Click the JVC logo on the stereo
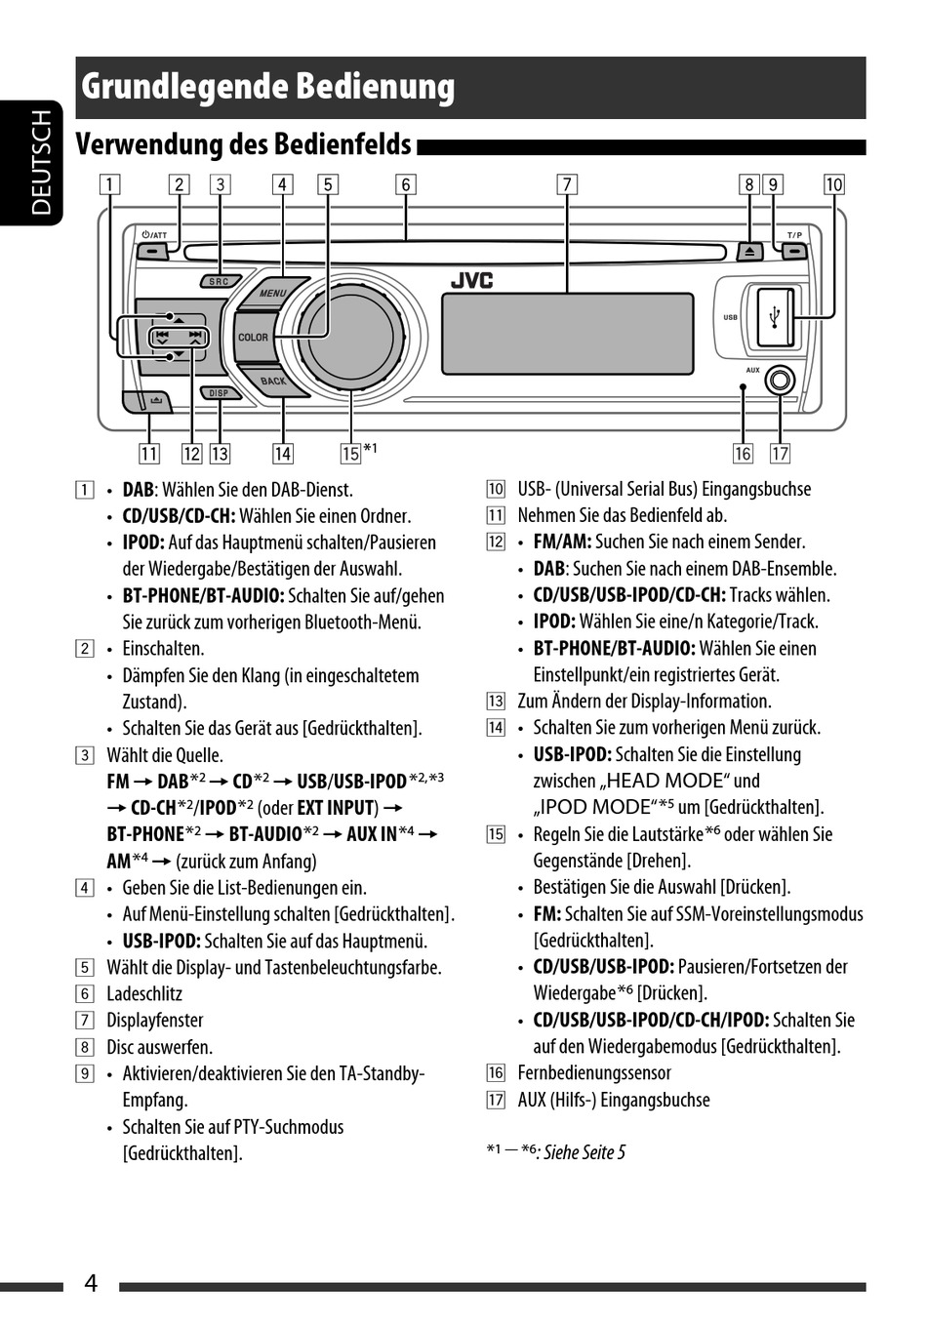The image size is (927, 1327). click(471, 281)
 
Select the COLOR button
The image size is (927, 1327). click(253, 338)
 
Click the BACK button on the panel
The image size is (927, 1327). click(272, 381)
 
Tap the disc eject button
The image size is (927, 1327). click(749, 251)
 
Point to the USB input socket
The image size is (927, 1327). click(776, 316)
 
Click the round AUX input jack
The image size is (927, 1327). click(780, 380)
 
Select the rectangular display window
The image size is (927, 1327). click(567, 333)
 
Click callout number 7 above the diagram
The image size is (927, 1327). click(567, 184)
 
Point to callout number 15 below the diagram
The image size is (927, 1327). click(350, 454)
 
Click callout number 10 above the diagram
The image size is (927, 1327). click(833, 184)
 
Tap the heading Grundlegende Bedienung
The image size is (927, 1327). click(268, 87)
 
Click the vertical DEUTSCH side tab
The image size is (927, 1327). click(40, 162)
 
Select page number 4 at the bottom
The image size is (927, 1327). click(91, 1282)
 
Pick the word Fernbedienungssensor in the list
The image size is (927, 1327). click(594, 1073)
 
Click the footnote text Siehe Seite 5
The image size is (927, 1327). click(584, 1152)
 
